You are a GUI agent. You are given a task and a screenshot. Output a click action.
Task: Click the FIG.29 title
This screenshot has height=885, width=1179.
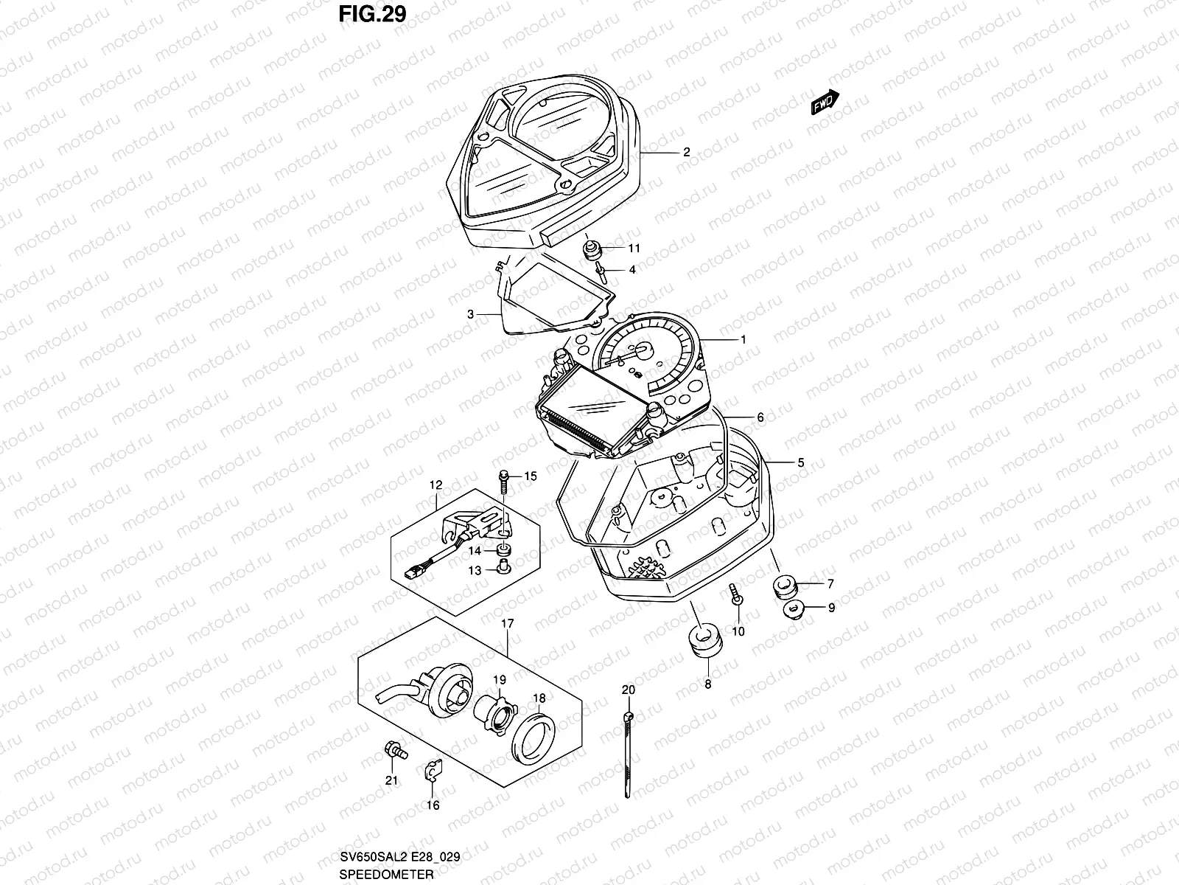pos(373,14)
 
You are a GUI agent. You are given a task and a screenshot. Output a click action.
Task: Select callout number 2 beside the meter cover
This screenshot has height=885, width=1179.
pos(686,153)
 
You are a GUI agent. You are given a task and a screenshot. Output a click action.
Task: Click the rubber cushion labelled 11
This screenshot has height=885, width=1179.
pos(591,249)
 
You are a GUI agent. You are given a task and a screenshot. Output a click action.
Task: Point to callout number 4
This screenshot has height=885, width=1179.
pos(632,270)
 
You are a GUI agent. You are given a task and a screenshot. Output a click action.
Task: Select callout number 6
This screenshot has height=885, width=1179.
pos(760,417)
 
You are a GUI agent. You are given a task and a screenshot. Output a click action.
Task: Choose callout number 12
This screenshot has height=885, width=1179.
pos(435,485)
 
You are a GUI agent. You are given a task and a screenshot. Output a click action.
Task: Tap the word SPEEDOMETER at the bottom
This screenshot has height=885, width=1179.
pos(385,874)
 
